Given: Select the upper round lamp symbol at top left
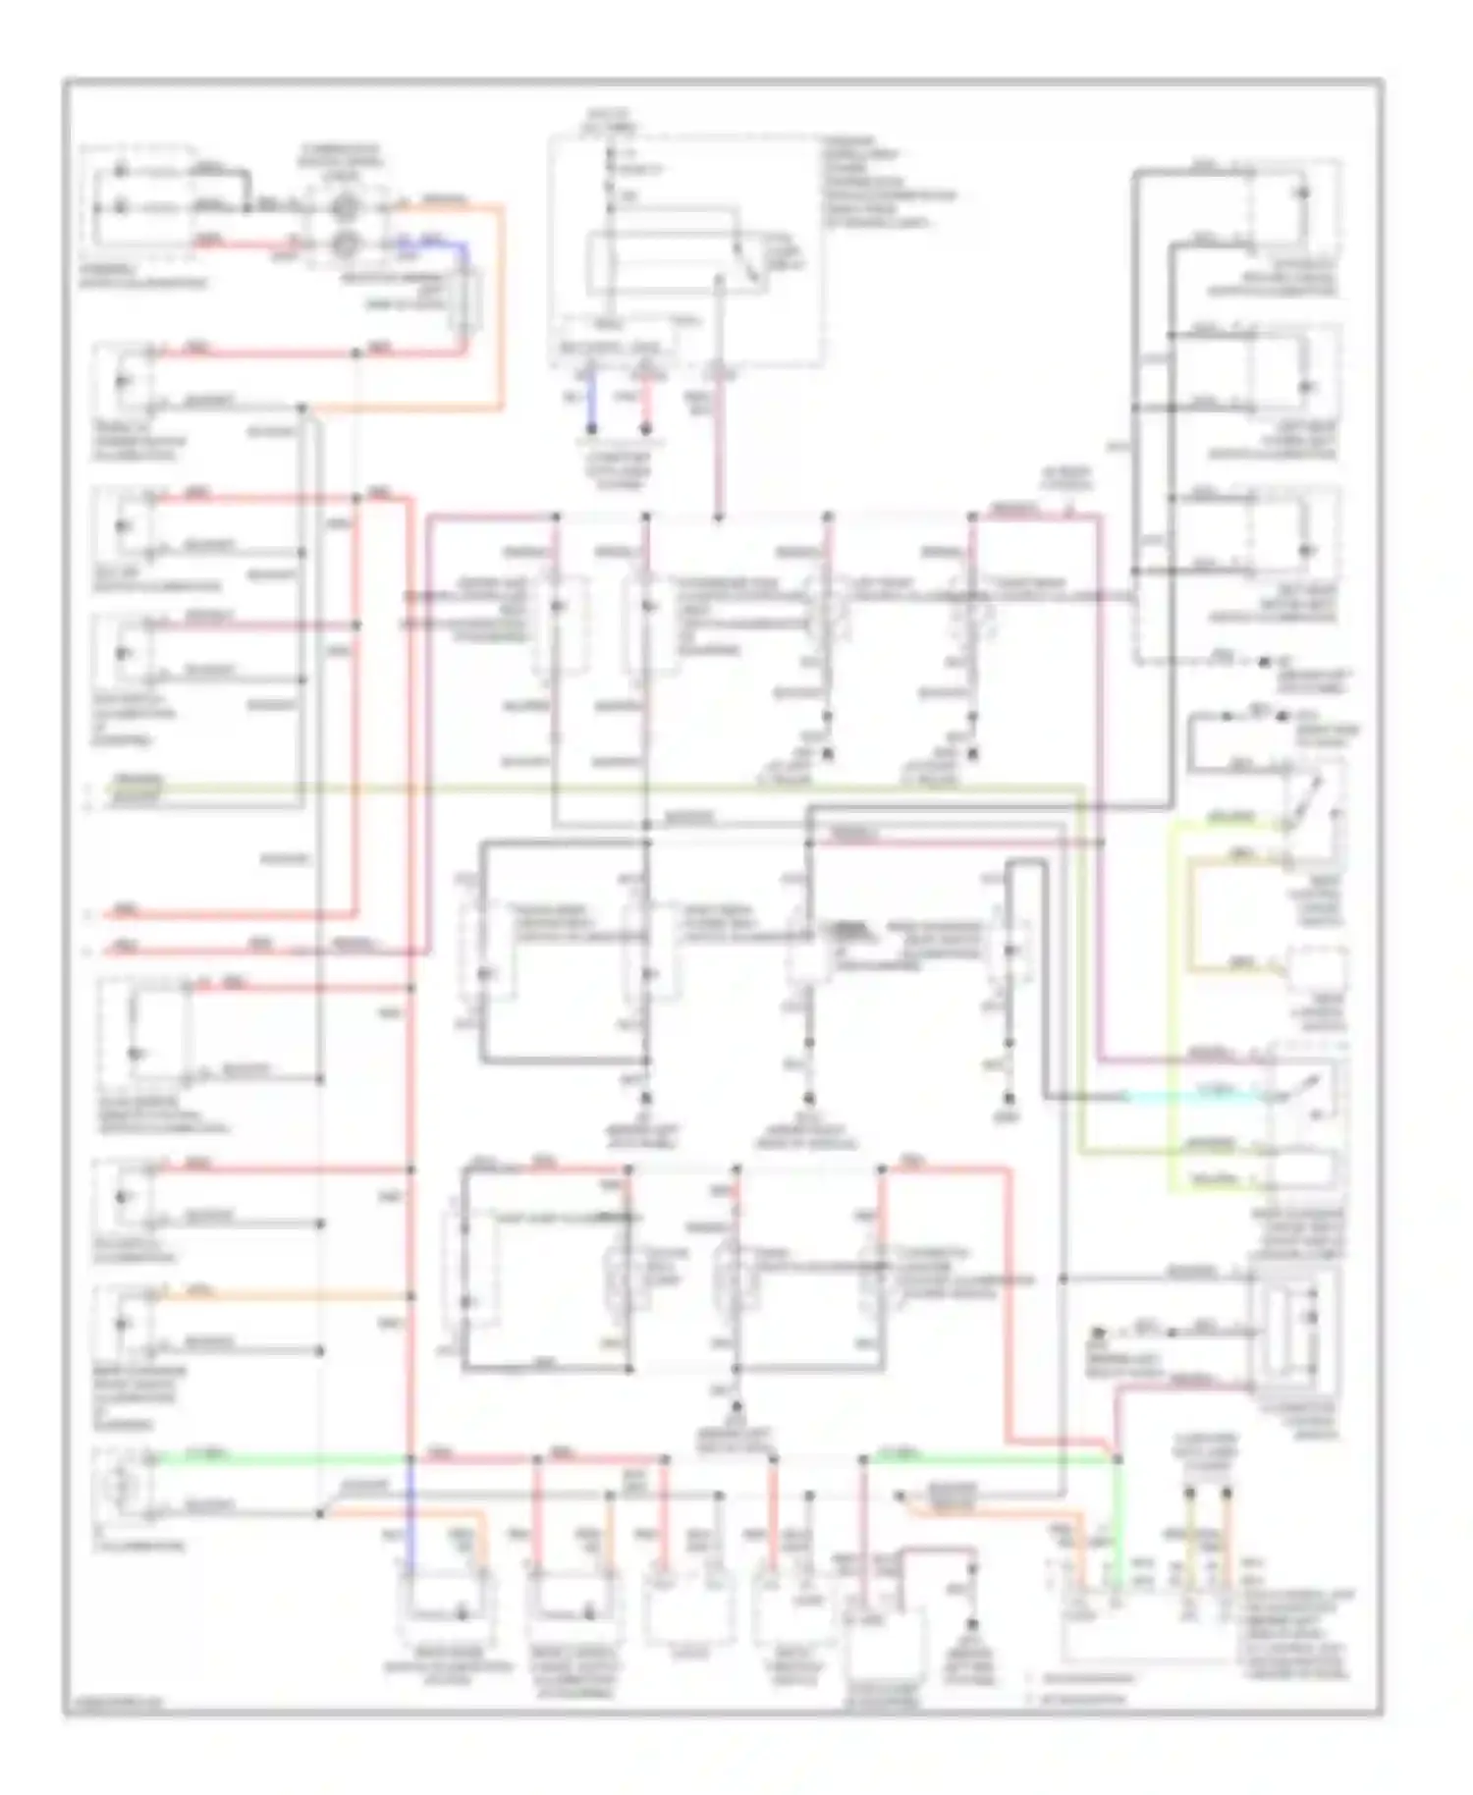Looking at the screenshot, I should click(346, 207).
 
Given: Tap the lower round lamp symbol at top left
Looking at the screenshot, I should click(346, 243).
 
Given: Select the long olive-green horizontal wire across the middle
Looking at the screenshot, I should click(589, 788).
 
